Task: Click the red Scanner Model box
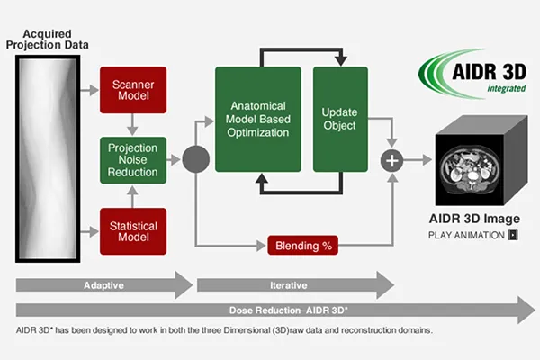133,90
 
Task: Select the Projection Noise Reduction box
133,160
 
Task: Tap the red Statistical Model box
133,231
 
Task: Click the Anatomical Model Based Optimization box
258,119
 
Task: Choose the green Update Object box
340,119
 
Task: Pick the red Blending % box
302,246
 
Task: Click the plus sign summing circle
391,160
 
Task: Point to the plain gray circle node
195,159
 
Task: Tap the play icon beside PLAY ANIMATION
513,235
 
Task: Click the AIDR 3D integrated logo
472,74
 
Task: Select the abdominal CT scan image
470,169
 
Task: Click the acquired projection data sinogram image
48,158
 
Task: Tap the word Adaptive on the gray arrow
103,285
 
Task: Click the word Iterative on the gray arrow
289,285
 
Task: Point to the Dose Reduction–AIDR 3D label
289,310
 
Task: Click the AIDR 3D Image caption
474,219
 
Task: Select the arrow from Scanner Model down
132,125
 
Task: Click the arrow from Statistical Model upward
132,197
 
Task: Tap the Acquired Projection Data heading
47,40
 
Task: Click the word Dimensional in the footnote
247,330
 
